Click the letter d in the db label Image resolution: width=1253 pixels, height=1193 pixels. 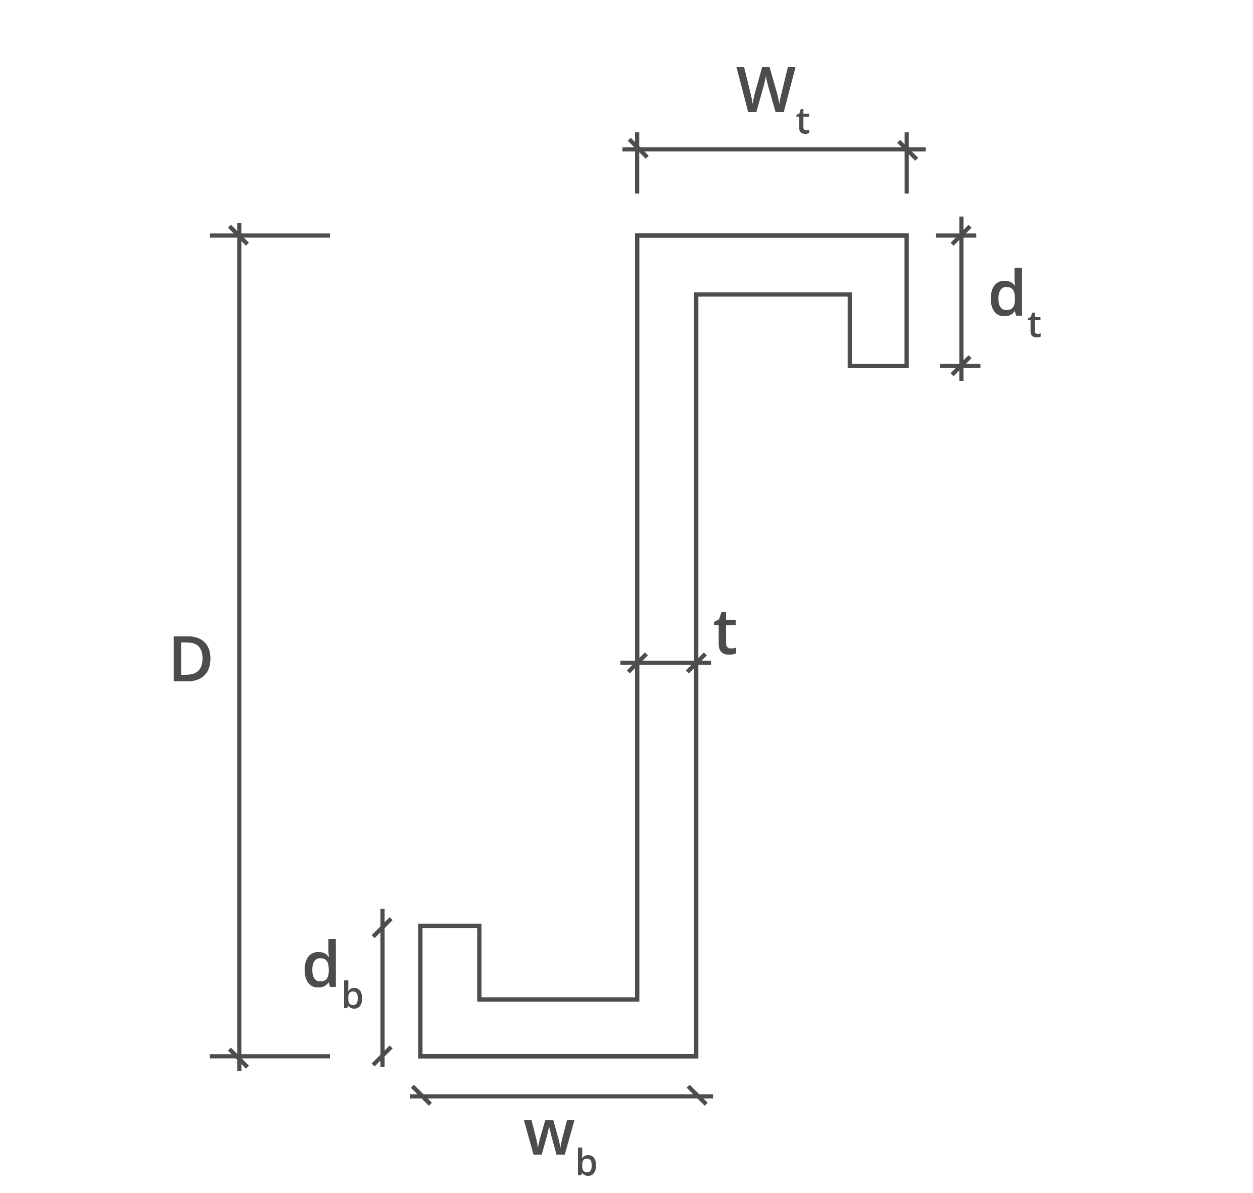[320, 964]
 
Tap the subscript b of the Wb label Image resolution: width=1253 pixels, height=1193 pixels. [586, 1163]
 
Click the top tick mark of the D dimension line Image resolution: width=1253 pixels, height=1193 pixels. [238, 235]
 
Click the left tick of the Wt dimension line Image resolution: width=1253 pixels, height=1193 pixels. [637, 149]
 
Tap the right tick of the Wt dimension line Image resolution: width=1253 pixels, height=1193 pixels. [907, 149]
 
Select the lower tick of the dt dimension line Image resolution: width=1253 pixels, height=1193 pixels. [961, 366]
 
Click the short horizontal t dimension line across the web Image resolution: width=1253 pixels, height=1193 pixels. [666, 663]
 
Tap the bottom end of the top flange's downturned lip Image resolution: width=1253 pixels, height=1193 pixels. [878, 366]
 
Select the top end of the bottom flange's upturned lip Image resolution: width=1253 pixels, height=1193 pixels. [450, 926]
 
